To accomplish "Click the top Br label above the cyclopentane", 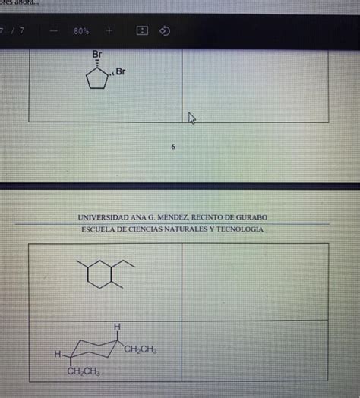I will pos(96,55).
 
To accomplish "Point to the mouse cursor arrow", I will pos(192,117).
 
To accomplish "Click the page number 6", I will pos(174,147).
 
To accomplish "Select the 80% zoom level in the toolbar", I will pos(81,32).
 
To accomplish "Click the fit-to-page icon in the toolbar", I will pos(141,32).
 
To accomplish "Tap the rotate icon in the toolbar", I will pos(165,32).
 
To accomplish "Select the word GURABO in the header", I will pos(250,217).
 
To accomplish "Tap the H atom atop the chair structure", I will pos(117,326).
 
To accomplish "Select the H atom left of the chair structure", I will pos(57,355).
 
